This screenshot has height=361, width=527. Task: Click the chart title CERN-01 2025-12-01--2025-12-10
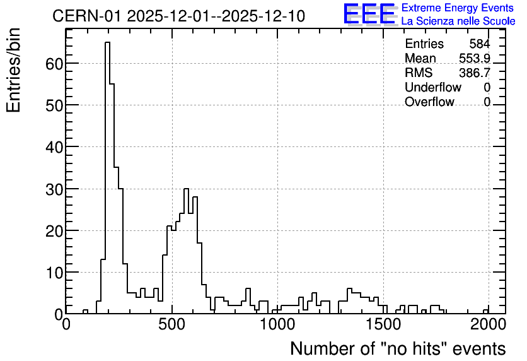178,16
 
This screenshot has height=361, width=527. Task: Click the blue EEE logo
369,14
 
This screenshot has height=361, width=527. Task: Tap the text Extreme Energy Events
458,8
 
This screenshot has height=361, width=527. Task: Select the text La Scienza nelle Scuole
458,21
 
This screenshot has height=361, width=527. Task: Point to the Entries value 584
480,44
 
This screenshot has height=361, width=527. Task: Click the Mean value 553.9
475,58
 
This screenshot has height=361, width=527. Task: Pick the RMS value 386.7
475,73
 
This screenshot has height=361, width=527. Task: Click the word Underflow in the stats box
433,87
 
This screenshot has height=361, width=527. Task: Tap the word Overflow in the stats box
429,102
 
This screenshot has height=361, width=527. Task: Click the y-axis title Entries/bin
13,70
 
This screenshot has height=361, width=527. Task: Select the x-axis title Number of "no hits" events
398,348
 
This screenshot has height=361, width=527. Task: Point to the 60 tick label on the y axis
54,64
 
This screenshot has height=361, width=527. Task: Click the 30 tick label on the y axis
54,189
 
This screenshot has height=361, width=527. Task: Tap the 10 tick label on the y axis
54,273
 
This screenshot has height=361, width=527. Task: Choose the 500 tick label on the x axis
172,324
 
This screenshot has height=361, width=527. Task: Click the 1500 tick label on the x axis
383,324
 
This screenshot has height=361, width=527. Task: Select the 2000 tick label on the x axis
489,324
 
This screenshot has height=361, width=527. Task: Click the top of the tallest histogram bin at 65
108,42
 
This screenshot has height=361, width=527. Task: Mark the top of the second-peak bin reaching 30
186,189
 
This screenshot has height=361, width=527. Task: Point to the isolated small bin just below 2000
486,310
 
